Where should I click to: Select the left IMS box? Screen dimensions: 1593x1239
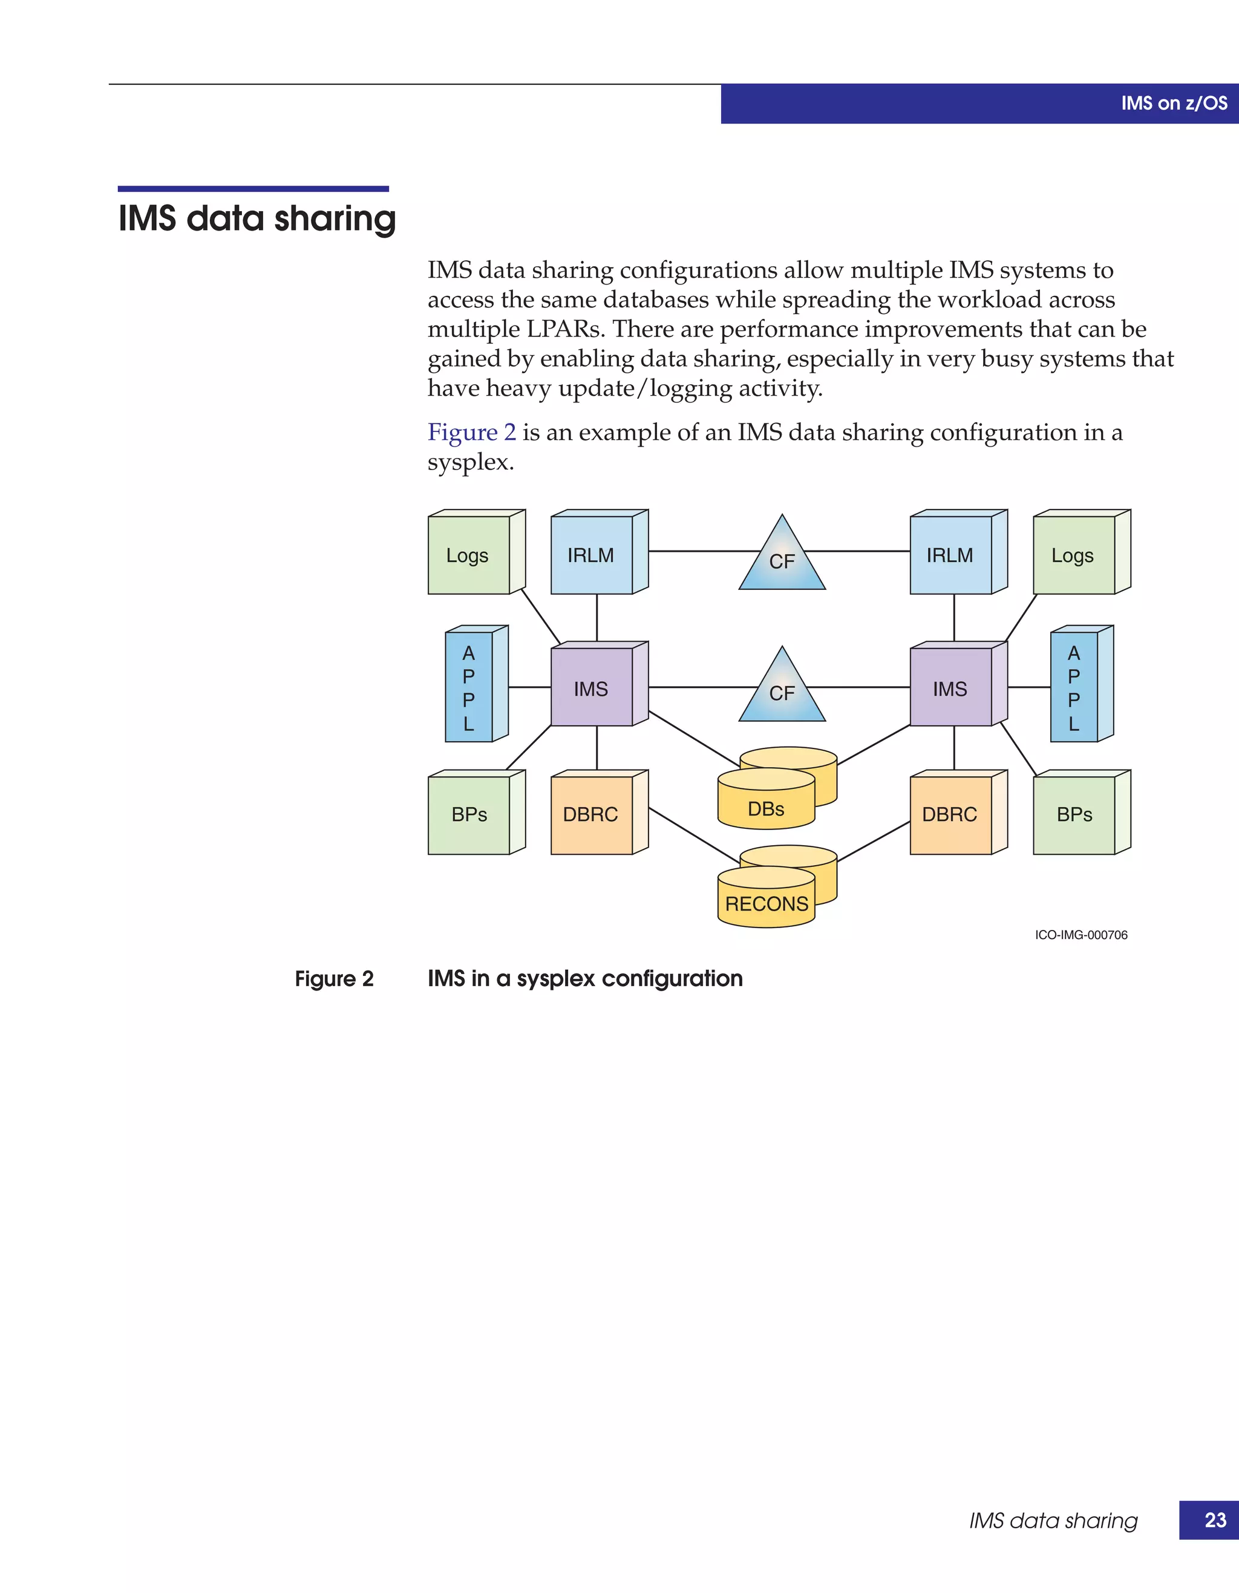pyautogui.click(x=592, y=688)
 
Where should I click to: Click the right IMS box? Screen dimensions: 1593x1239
pyautogui.click(x=951, y=688)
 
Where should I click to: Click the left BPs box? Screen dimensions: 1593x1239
pyautogui.click(x=469, y=815)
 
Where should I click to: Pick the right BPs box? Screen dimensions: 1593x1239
pyautogui.click(x=1074, y=815)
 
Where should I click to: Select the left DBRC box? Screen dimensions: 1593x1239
pyautogui.click(x=592, y=815)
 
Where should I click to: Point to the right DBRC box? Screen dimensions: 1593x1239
pyautogui.click(x=951, y=815)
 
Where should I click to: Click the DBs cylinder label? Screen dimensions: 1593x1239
pyautogui.click(x=766, y=809)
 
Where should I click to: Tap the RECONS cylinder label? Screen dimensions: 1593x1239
pyautogui.click(x=767, y=904)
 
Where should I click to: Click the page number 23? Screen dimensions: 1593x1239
pyautogui.click(x=1215, y=1520)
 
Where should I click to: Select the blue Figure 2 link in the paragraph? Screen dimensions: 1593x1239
pyautogui.click(x=471, y=433)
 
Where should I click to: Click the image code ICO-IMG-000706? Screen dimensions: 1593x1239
pyautogui.click(x=1080, y=935)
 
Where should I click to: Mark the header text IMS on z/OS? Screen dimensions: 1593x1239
pyautogui.click(x=1174, y=103)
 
